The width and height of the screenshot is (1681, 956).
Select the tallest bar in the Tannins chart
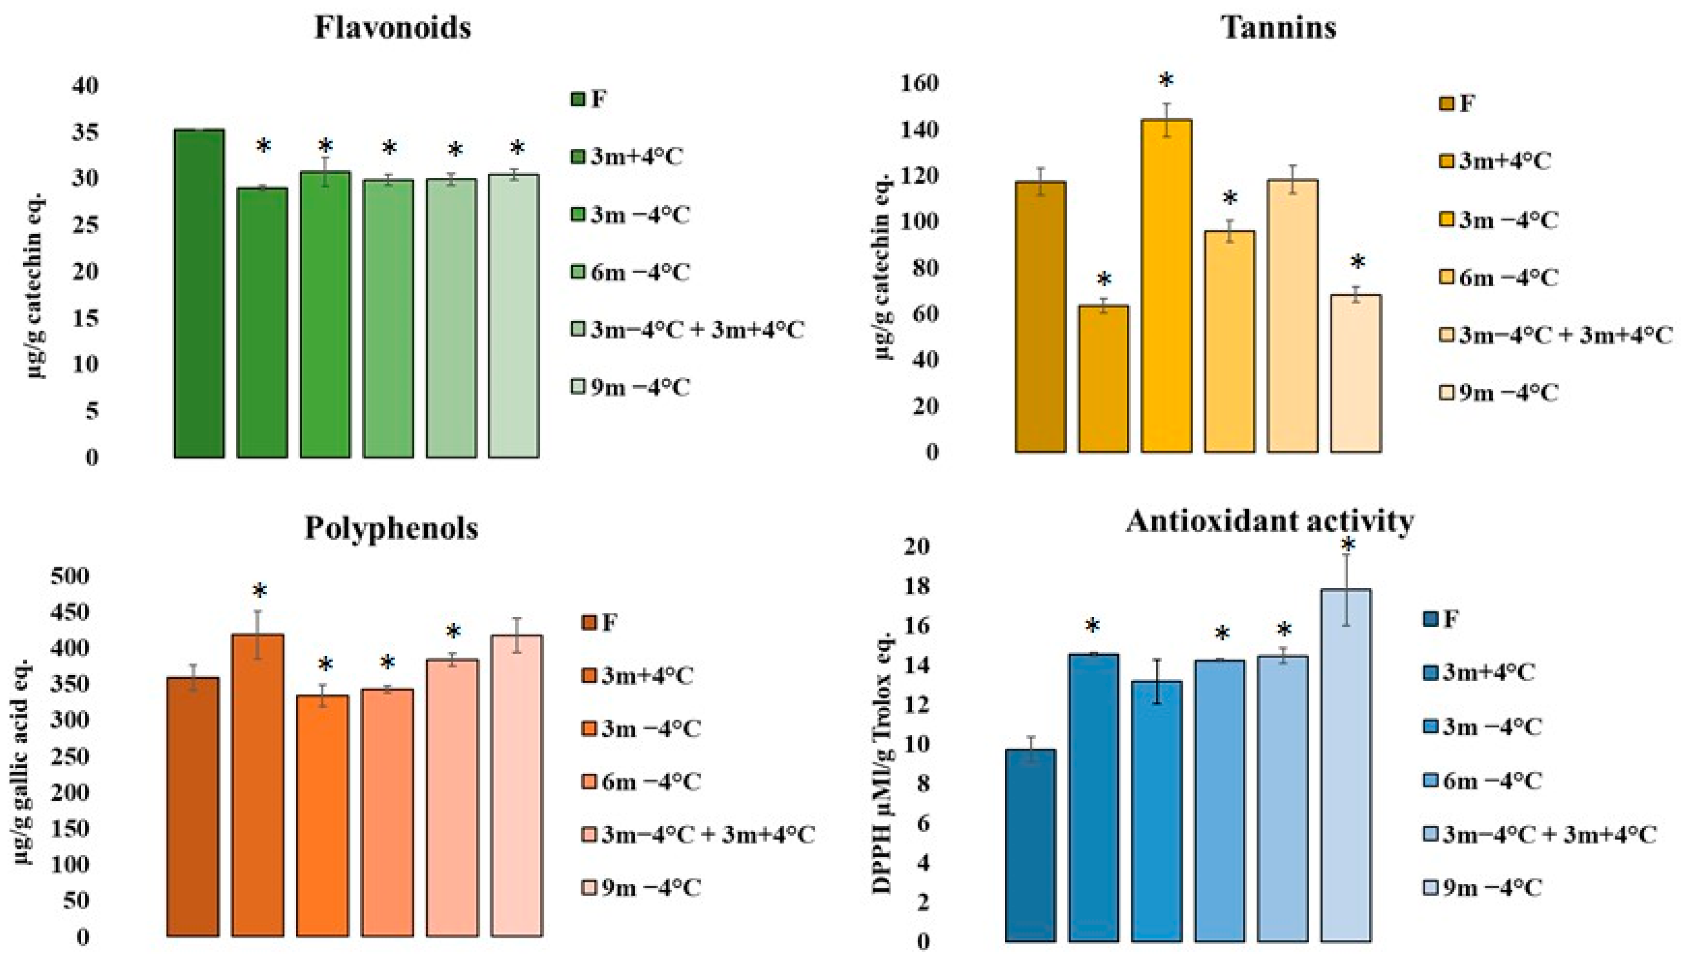[x=1166, y=286]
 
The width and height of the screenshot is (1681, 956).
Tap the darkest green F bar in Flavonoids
[x=199, y=293]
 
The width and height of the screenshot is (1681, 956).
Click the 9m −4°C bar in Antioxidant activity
[x=1345, y=765]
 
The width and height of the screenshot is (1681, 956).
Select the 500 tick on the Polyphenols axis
[x=68, y=576]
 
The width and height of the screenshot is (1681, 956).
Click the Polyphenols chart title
[x=392, y=528]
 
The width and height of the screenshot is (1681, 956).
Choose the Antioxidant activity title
[x=1269, y=522]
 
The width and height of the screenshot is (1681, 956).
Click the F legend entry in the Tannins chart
[x=1455, y=104]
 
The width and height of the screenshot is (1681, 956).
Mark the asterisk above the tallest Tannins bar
[x=1166, y=82]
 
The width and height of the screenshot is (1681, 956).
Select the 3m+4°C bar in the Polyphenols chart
[x=257, y=785]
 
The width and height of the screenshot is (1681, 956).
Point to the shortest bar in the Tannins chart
[x=1103, y=379]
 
